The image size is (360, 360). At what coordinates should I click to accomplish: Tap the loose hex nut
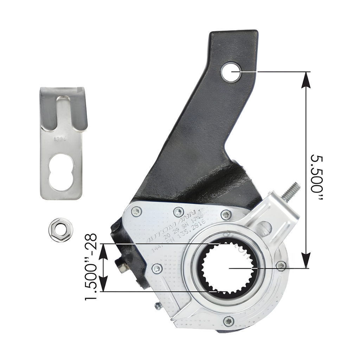pyautogui.click(x=60, y=230)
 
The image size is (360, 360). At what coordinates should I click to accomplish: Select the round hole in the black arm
pyautogui.click(x=231, y=72)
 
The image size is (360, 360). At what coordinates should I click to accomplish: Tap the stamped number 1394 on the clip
pyautogui.click(x=59, y=139)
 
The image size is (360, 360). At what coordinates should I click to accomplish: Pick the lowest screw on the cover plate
pyautogui.click(x=229, y=321)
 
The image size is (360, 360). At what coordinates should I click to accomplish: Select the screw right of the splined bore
pyautogui.click(x=280, y=266)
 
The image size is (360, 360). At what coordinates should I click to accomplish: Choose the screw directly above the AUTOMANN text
pyautogui.click(x=179, y=212)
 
